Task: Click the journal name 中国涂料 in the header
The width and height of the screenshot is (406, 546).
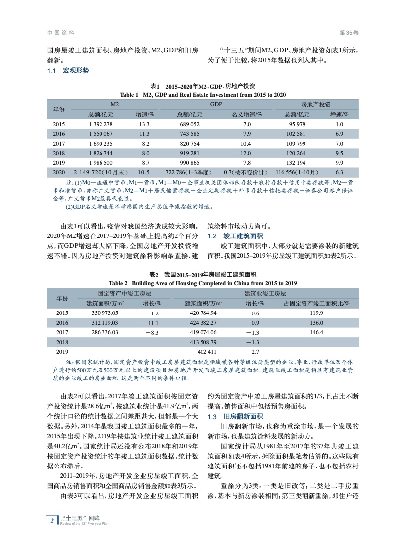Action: [61, 33]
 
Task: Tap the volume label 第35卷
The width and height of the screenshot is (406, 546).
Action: [348, 33]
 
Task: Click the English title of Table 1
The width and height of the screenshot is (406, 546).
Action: [203, 95]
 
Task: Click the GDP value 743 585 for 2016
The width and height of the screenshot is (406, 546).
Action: [190, 134]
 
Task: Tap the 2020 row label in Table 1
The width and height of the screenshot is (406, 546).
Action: [59, 172]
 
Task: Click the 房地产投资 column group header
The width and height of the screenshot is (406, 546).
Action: [316, 105]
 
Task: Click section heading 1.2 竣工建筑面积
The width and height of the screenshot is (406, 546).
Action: [236, 236]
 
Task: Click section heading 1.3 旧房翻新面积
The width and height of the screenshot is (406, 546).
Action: [236, 416]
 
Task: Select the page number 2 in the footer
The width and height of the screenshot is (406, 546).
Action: [52, 520]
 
